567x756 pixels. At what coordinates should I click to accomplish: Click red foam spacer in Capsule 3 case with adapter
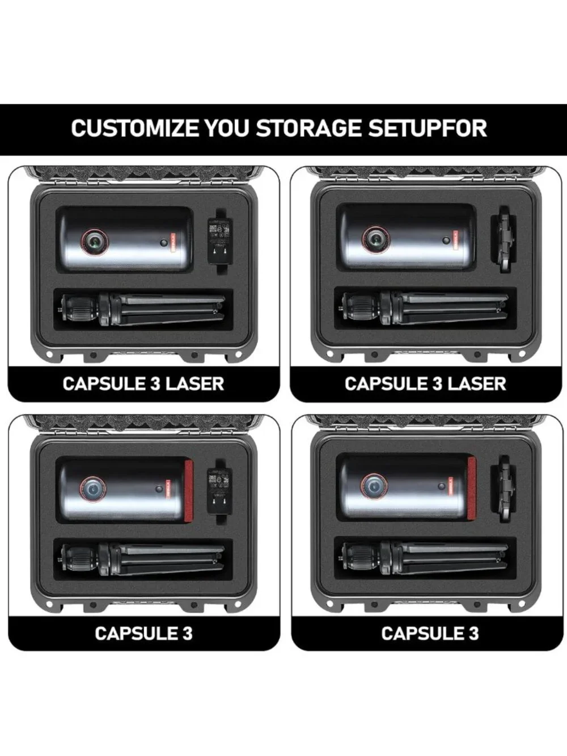click(x=188, y=490)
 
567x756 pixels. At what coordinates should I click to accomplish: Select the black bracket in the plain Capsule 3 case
click(x=503, y=489)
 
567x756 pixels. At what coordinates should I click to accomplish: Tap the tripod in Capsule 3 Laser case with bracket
click(x=425, y=307)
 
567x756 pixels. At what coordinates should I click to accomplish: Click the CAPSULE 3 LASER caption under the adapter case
click(x=143, y=383)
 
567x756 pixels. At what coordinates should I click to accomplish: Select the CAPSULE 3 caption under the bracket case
click(x=430, y=633)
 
